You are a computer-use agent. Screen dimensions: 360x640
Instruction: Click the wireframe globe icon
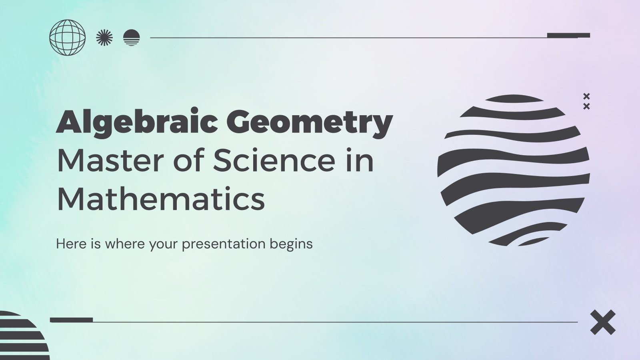click(67, 38)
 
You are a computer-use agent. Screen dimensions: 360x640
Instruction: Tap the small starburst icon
click(104, 38)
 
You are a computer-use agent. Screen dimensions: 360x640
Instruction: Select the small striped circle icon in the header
click(132, 38)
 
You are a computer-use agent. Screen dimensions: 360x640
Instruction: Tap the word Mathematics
click(161, 199)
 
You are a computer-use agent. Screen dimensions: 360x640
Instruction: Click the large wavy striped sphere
click(513, 170)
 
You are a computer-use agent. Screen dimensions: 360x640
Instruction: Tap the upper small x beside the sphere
click(586, 96)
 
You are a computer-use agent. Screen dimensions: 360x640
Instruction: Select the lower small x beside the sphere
click(586, 106)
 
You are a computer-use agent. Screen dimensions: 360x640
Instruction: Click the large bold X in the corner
click(603, 322)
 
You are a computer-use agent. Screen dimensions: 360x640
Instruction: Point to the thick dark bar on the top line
click(568, 35)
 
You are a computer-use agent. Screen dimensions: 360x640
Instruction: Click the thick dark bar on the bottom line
click(72, 320)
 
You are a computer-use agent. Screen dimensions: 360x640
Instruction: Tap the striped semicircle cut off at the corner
click(22, 336)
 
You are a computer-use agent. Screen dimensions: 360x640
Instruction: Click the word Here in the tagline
click(71, 244)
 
